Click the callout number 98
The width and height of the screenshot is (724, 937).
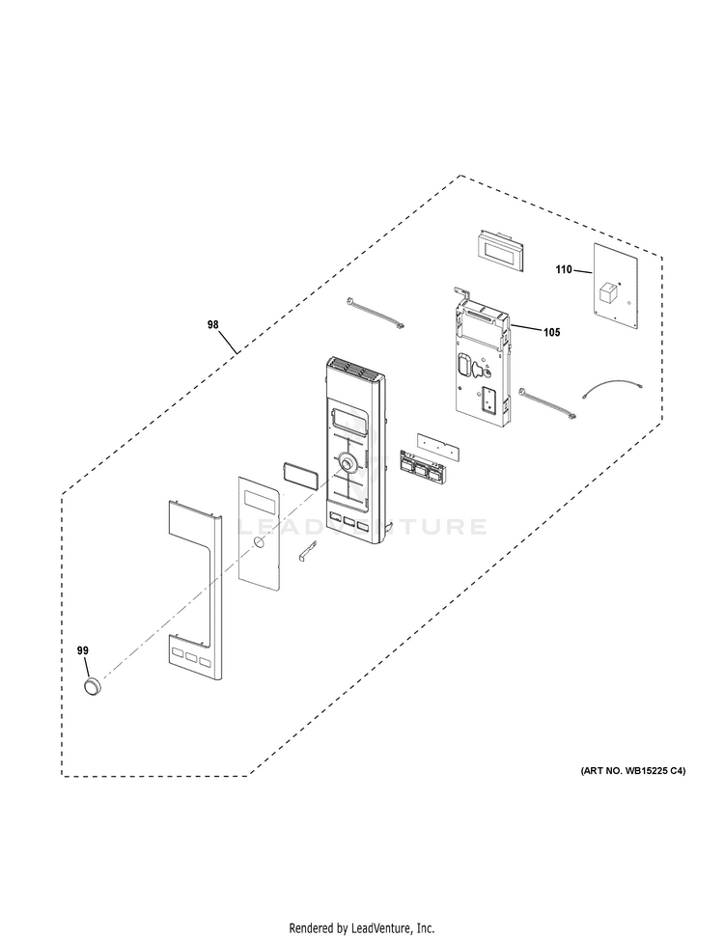(x=213, y=325)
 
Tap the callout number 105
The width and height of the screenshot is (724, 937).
(x=551, y=332)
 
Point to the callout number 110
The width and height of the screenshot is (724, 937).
(x=564, y=271)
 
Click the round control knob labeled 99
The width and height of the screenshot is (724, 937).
(x=91, y=686)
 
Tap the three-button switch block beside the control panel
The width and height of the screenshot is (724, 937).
(x=418, y=467)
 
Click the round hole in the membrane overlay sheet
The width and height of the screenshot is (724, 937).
(x=259, y=546)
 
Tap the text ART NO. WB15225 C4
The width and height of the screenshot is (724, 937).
(x=632, y=771)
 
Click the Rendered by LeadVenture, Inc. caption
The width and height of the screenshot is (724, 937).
(x=362, y=927)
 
